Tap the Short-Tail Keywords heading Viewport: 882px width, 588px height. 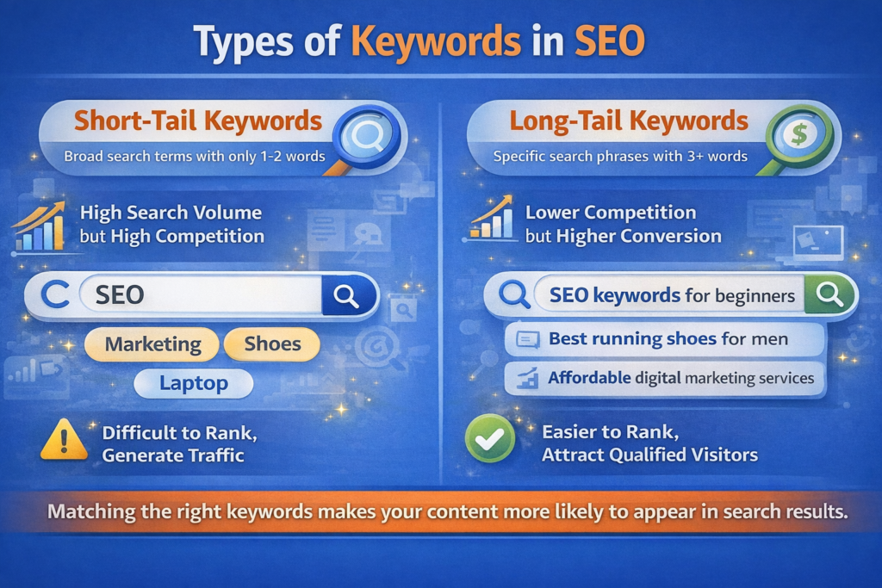(198, 121)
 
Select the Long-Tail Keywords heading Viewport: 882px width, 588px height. (629, 121)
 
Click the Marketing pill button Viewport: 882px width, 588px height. (152, 345)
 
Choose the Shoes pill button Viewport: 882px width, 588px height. (272, 344)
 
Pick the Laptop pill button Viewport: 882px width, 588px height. (194, 383)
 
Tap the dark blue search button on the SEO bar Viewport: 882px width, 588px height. (347, 296)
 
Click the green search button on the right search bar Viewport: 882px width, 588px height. (829, 296)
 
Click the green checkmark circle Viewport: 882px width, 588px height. (489, 440)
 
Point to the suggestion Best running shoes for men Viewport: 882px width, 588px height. (668, 339)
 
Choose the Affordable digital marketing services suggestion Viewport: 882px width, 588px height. (680, 378)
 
